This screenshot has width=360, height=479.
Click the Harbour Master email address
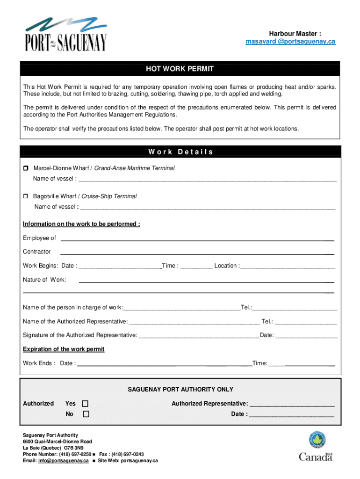pos(290,42)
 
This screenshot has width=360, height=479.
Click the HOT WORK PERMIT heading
pos(180,69)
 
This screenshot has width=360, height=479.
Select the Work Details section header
pos(180,152)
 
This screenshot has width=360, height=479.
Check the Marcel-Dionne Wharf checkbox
pos(26,168)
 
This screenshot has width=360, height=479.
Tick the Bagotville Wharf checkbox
pos(26,196)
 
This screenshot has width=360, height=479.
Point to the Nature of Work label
pos(44,280)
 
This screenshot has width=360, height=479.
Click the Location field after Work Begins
pos(288,267)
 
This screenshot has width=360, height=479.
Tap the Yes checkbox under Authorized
pos(86,404)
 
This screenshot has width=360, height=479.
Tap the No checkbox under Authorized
pos(86,414)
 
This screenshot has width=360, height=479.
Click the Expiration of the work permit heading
pos(64,349)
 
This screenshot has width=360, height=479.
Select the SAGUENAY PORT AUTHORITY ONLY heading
pos(180,389)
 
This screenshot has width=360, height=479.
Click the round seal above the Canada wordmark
pos(317,441)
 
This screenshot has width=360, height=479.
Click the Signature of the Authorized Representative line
pos(198,336)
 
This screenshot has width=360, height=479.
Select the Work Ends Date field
pos(164,364)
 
